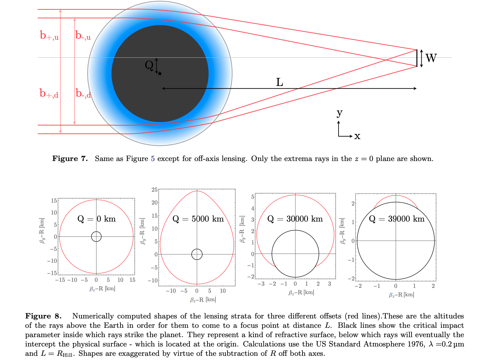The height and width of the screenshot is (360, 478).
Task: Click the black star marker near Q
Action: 160,73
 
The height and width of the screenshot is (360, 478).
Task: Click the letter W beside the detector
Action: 431,58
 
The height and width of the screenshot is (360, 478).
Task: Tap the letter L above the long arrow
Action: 280,82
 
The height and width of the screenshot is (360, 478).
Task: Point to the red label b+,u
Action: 49,35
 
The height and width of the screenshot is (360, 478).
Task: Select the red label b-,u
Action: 83,35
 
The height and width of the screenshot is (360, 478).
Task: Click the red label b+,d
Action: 49,93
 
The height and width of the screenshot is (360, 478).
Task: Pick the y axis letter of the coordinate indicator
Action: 339,113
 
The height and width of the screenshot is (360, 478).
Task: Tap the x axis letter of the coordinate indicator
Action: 357,136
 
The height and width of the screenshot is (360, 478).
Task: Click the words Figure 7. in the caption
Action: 70,158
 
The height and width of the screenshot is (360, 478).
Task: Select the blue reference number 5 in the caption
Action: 153,158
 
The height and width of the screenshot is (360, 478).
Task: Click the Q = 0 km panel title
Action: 97,219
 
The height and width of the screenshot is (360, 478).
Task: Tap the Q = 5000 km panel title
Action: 198,219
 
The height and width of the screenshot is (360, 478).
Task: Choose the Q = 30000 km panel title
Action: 295,219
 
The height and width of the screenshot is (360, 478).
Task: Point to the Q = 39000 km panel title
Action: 397,219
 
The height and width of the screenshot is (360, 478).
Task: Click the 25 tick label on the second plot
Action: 154,190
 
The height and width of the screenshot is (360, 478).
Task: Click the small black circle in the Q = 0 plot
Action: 96,236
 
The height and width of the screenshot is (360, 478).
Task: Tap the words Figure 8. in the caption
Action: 43,316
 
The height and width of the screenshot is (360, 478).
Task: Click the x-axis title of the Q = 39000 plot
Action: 401,295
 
